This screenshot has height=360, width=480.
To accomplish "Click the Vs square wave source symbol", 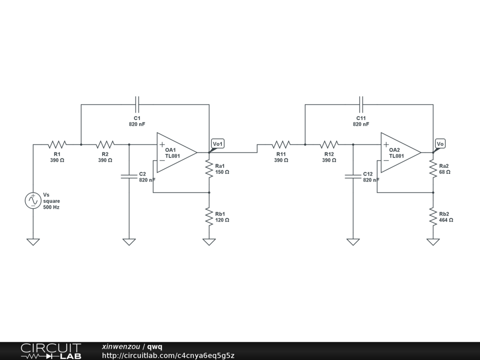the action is click(33, 201).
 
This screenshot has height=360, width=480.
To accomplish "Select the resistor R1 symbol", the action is click(57, 144).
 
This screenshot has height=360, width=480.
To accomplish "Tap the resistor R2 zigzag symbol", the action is click(105, 144).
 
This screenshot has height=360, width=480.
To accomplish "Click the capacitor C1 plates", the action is click(137, 105).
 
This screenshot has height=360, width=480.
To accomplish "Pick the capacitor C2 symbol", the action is click(129, 176).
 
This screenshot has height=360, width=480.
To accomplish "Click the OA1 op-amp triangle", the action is click(177, 152).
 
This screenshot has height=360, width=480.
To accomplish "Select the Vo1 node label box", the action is click(218, 143).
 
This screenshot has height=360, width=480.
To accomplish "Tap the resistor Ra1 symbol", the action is click(209, 169).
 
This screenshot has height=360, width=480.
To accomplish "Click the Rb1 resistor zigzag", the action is click(209, 217).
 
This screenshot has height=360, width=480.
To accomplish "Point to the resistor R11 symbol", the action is click(281, 144).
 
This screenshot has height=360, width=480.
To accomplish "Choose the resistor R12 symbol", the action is click(329, 144).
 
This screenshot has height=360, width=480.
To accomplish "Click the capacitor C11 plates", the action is click(361, 105).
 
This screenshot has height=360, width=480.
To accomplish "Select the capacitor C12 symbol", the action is click(353, 176).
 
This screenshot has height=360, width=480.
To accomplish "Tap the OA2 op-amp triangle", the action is click(401, 152).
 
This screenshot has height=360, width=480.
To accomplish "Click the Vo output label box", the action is click(440, 143).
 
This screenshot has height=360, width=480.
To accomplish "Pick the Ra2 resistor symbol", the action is click(433, 169).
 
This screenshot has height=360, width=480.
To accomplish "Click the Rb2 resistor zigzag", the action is click(433, 217).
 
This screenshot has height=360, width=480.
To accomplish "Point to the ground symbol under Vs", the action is click(33, 242).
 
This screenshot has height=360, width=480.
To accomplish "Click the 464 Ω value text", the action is click(446, 220).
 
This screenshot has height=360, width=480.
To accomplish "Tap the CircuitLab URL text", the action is click(168, 355).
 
